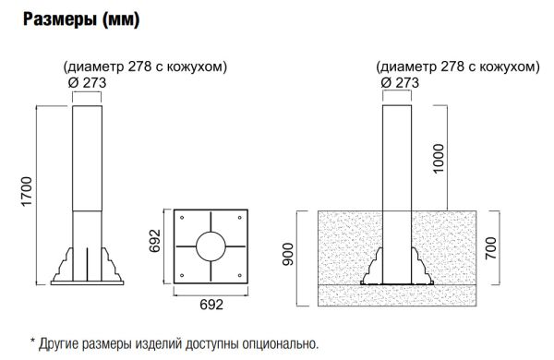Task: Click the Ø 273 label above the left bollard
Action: coord(89,83)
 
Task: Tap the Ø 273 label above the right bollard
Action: coord(400,83)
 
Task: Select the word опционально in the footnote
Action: coord(278,344)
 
